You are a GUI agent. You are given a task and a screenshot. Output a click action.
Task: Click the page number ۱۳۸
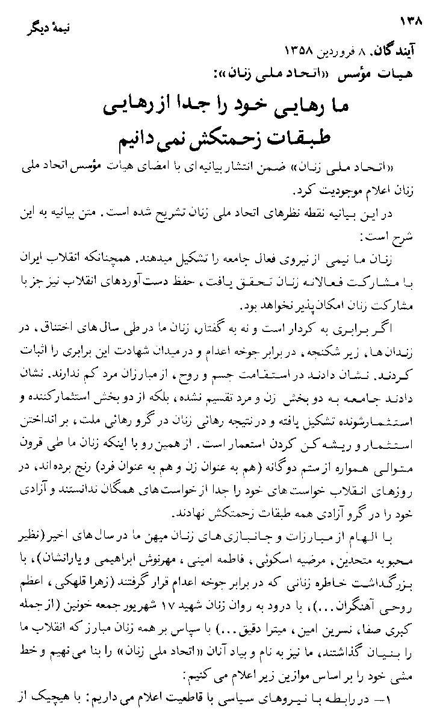point(411,21)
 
